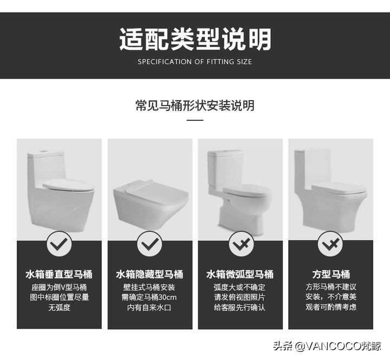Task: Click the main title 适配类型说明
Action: click(195, 39)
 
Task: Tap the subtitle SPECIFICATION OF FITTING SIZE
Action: click(195, 62)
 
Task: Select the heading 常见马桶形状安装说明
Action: click(195, 106)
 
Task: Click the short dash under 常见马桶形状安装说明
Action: click(195, 120)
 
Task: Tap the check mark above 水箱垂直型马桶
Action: click(59, 245)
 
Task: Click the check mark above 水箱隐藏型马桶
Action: click(149, 245)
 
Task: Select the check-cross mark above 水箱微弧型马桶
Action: click(240, 245)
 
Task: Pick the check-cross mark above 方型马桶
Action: click(330, 245)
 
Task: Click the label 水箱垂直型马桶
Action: click(59, 274)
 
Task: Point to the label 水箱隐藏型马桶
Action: click(149, 274)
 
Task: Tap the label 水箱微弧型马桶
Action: click(240, 274)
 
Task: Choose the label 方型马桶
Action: click(330, 274)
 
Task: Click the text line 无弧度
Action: click(59, 307)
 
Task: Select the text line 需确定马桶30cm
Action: click(149, 297)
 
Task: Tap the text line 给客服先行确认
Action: click(240, 307)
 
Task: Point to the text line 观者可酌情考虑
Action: click(330, 307)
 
